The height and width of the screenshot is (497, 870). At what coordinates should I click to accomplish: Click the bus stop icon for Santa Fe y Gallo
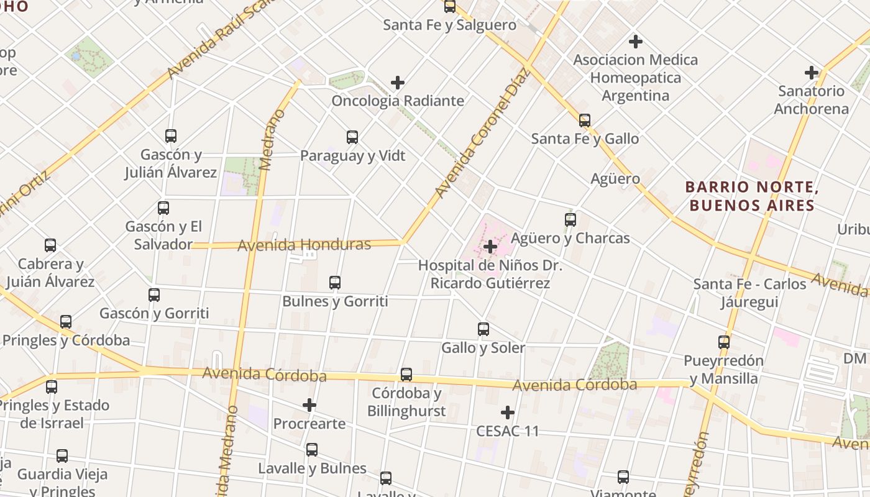coord(584,121)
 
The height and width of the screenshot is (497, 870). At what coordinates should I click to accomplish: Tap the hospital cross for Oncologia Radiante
coord(398,82)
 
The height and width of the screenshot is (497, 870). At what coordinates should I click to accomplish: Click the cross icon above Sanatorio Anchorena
coord(811,73)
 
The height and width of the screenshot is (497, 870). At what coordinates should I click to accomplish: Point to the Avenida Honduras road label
coord(304,245)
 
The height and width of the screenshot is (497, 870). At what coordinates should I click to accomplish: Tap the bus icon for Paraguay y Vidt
coord(352,137)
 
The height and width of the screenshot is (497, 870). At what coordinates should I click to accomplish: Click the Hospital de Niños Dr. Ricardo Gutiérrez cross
coord(490,247)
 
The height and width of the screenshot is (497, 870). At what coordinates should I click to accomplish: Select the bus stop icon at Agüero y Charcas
coord(570,219)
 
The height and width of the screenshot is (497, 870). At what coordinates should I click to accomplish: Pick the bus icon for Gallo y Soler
coord(483,329)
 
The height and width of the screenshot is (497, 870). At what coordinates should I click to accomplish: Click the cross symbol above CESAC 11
coord(508,413)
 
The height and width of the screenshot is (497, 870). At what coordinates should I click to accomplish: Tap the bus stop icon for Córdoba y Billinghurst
coord(406,375)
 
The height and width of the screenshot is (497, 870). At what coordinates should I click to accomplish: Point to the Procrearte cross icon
coord(309,406)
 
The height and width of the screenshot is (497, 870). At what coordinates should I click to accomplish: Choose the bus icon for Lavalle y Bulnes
coord(312,450)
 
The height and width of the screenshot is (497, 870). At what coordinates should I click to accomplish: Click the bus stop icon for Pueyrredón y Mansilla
coord(724,342)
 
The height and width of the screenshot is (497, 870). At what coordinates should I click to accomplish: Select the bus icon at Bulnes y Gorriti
coord(335,283)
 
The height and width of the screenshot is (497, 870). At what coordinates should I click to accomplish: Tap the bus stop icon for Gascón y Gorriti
coord(154,295)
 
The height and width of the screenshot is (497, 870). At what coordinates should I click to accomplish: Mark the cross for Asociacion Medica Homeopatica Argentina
coord(635,42)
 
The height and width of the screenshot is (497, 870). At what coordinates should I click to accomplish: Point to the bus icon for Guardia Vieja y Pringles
coord(62,456)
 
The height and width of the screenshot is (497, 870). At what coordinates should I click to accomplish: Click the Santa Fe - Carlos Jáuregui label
coord(749,293)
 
